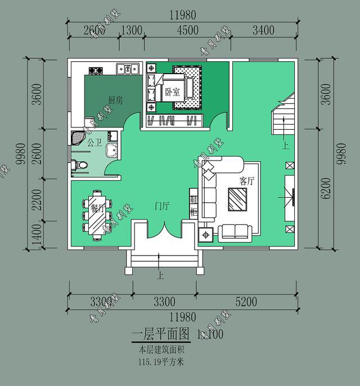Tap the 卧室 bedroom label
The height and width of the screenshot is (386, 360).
click(172, 90)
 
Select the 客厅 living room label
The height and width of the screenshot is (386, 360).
click(246, 181)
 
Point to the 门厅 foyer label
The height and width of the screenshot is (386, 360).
click(162, 206)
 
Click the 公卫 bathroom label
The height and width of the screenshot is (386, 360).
click(94, 143)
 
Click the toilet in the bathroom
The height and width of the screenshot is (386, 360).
click(82, 165)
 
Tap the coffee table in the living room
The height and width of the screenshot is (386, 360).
click(237, 199)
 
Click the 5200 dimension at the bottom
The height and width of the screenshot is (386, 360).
click(245, 302)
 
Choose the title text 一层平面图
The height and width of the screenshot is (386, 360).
click(160, 335)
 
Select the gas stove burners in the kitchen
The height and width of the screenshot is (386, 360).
click(94, 70)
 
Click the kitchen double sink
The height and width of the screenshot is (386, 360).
click(128, 69)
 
